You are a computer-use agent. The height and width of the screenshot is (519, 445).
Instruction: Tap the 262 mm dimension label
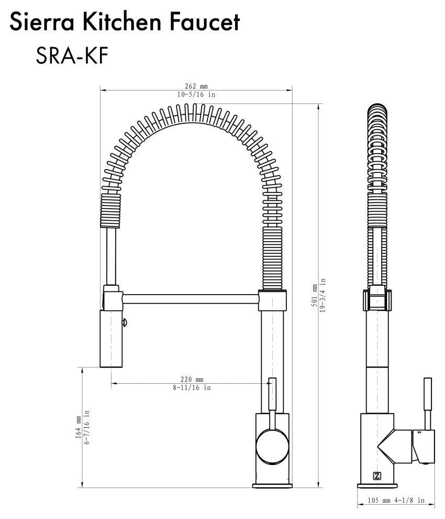196,87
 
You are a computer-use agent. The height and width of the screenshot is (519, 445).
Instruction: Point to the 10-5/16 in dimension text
196,94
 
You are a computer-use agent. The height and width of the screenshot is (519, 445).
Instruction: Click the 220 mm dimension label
192,379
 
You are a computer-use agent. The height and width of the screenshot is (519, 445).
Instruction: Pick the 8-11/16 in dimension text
192,388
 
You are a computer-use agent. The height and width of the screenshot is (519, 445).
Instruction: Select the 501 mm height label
314,295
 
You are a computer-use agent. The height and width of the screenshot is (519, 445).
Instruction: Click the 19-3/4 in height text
323,295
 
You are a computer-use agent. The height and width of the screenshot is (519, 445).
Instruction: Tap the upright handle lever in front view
272,398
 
